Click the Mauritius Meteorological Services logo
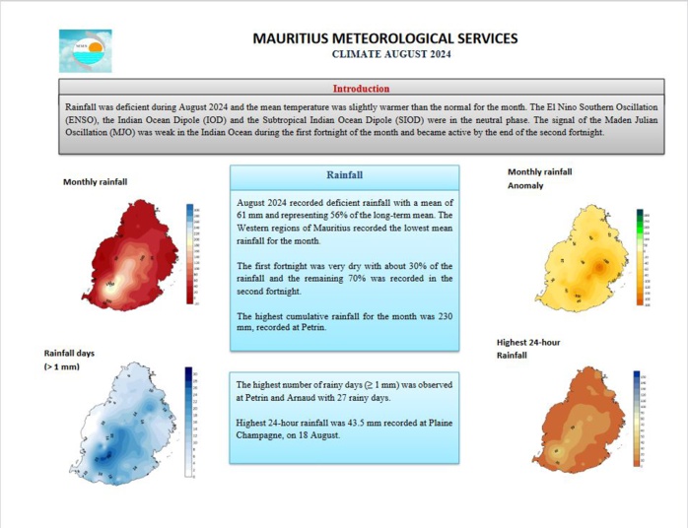tap(85, 50)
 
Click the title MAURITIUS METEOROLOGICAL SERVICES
tap(384, 38)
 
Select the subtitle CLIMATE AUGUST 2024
tap(384, 55)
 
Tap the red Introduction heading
tap(360, 89)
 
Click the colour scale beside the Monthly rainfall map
tap(189, 254)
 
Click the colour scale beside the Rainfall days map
tap(189, 422)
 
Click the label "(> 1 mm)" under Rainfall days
tap(61, 366)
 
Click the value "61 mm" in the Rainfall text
tap(251, 214)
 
